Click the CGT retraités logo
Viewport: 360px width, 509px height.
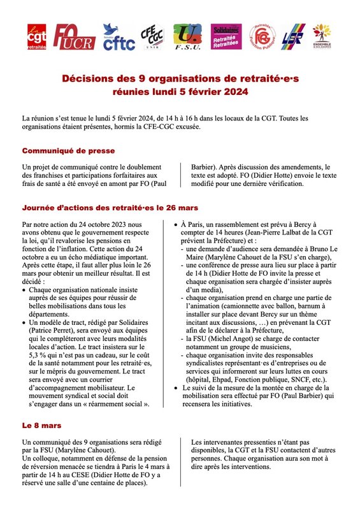click(x=36, y=38)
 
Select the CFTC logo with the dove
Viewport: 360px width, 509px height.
click(x=119, y=38)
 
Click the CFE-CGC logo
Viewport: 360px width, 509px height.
click(x=154, y=38)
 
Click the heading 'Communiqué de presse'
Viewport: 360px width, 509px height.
click(x=68, y=151)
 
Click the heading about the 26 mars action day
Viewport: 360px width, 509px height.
click(x=110, y=208)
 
